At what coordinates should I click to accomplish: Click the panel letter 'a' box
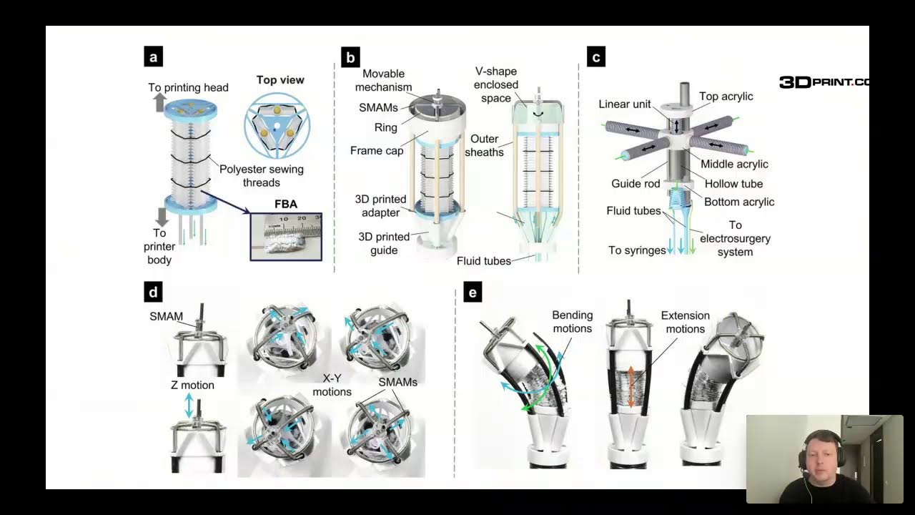point(154,57)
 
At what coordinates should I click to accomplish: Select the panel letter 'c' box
point(596,57)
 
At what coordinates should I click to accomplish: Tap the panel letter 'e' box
point(473,293)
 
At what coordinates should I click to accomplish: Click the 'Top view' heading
point(280,79)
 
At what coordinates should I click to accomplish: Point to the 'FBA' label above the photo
point(286,204)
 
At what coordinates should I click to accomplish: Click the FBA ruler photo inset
point(286,237)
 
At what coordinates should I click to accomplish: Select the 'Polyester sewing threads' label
point(262,176)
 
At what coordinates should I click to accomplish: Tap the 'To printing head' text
point(188,87)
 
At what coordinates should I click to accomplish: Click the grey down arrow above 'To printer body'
point(162,217)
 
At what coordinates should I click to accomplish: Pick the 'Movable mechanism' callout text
point(383,81)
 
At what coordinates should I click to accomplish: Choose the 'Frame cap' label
point(377,150)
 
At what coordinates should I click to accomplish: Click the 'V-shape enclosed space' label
point(496,84)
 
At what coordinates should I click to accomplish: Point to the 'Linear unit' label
point(625,104)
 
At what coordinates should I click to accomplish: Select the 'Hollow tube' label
point(733,184)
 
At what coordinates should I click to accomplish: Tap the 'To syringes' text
point(637,250)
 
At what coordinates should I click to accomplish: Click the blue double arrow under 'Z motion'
point(189,405)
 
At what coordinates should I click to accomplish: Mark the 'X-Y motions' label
point(332,385)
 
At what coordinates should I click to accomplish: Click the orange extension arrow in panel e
point(630,387)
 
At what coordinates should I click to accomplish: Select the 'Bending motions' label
point(573,322)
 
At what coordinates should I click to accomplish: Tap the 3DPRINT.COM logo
point(824,82)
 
